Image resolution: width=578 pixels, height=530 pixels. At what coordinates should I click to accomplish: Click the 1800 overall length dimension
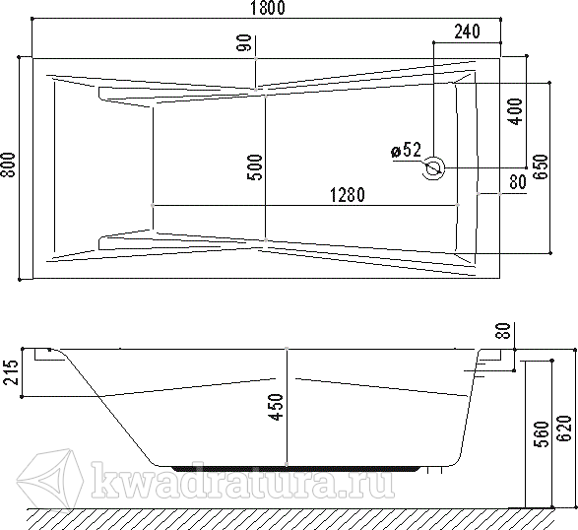(x=268, y=8)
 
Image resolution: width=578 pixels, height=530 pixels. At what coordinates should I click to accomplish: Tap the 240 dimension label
(x=467, y=32)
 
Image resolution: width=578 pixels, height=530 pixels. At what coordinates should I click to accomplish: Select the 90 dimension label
(x=245, y=42)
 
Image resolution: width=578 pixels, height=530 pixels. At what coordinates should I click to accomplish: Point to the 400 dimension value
(x=516, y=111)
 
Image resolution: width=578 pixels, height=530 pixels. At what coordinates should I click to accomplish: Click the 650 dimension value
(x=542, y=167)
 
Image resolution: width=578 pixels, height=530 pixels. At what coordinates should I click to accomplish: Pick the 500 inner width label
(x=255, y=167)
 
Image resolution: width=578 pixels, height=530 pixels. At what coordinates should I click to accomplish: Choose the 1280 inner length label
(x=348, y=195)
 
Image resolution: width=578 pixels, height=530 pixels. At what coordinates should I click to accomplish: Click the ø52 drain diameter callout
(x=406, y=150)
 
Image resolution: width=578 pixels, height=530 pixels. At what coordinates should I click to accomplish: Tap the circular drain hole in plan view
(x=433, y=168)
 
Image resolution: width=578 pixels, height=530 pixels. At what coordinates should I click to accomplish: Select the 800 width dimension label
(x=9, y=165)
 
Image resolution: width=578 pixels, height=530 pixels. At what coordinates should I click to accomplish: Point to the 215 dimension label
(x=10, y=372)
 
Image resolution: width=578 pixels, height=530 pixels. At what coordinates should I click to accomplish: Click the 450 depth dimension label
(x=277, y=407)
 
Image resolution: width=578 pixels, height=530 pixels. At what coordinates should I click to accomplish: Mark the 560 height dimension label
(x=542, y=434)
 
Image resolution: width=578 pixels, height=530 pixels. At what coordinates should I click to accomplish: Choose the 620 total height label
(x=564, y=429)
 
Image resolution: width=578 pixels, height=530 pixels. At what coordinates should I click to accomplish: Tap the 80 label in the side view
(x=504, y=330)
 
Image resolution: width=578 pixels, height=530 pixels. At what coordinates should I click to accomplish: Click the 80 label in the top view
(x=518, y=182)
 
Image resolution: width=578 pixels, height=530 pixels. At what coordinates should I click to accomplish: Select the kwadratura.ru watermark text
(x=243, y=480)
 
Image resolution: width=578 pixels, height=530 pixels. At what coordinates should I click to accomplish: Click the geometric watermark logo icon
(x=50, y=479)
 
